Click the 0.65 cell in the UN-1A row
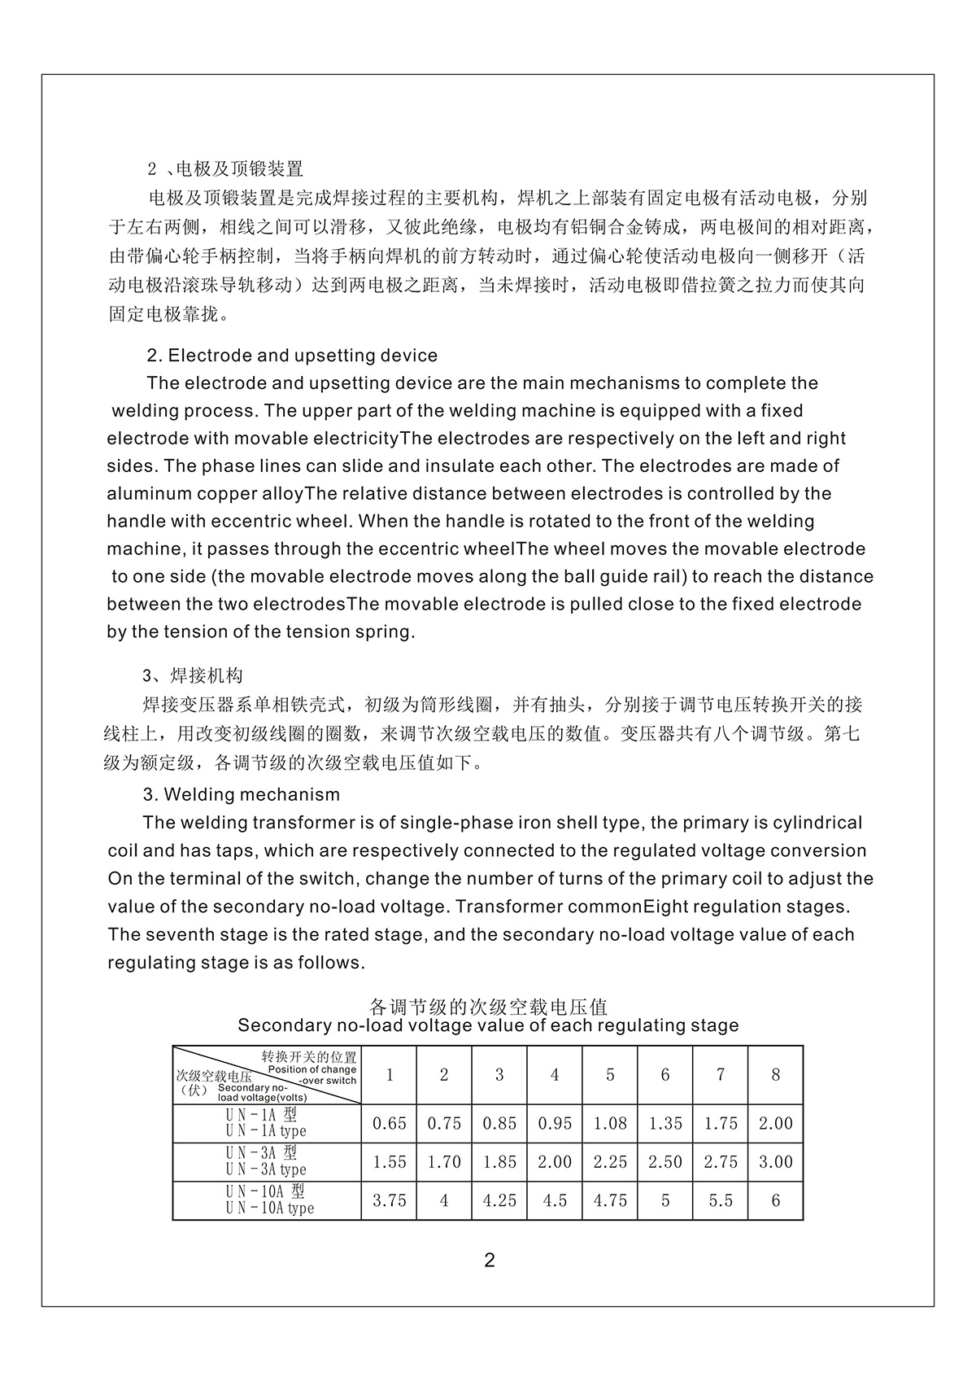tap(389, 1124)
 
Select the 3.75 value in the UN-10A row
tap(389, 1201)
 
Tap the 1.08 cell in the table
tap(610, 1124)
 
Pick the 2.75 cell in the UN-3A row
tap(721, 1162)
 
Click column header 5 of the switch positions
tap(610, 1075)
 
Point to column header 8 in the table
tap(775, 1075)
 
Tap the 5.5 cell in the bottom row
tap(721, 1201)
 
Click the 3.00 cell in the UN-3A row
tap(775, 1162)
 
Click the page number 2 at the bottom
tap(489, 1261)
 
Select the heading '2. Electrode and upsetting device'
tap(292, 356)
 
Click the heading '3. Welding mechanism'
tap(242, 794)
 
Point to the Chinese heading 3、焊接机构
tap(193, 676)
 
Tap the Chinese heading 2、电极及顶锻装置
tap(225, 169)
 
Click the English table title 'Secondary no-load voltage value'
tap(488, 1025)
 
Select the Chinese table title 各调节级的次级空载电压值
tap(488, 1007)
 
